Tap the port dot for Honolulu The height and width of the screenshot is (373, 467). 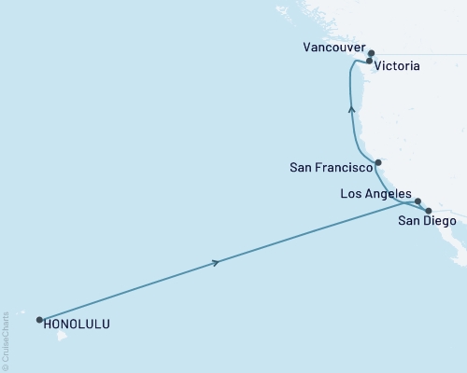click(x=39, y=320)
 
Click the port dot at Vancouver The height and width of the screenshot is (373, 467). click(x=371, y=53)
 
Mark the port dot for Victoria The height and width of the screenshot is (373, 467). click(x=369, y=62)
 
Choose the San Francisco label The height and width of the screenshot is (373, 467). click(x=330, y=169)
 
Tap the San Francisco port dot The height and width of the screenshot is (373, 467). click(x=377, y=162)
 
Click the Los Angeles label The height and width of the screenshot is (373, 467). click(x=375, y=193)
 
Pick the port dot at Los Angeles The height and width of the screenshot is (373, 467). click(x=417, y=200)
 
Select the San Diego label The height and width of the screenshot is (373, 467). click(x=427, y=222)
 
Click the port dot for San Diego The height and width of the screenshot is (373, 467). click(x=429, y=211)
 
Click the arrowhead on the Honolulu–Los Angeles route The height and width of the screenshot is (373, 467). click(x=217, y=263)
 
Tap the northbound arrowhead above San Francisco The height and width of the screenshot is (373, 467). click(x=351, y=109)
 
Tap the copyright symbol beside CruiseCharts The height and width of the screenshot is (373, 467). click(x=6, y=366)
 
